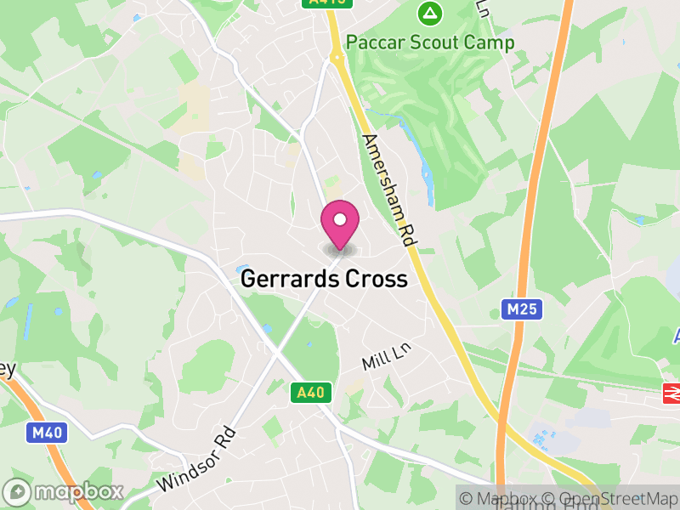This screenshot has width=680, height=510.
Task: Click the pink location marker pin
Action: point(340,223)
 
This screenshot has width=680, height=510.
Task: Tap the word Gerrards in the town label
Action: point(289,279)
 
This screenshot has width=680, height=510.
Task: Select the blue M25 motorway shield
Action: point(522,309)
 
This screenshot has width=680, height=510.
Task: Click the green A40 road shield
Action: point(312,392)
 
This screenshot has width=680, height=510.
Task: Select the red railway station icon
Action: point(671,393)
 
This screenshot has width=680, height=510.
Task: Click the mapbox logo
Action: point(64,491)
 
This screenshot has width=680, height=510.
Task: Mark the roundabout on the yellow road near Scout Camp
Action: point(337,58)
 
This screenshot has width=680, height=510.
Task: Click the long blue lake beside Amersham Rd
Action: point(426,178)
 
